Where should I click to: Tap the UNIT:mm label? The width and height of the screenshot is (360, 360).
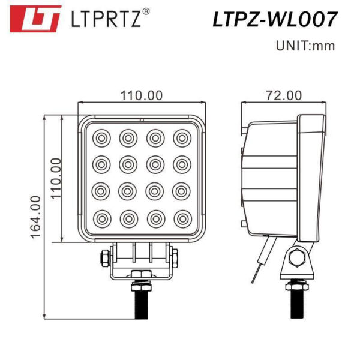click(305, 45)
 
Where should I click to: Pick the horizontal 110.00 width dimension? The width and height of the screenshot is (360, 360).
click(142, 95)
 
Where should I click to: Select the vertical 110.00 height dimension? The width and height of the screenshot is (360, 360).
click(55, 178)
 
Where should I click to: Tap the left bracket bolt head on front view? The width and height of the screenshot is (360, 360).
click(104, 258)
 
